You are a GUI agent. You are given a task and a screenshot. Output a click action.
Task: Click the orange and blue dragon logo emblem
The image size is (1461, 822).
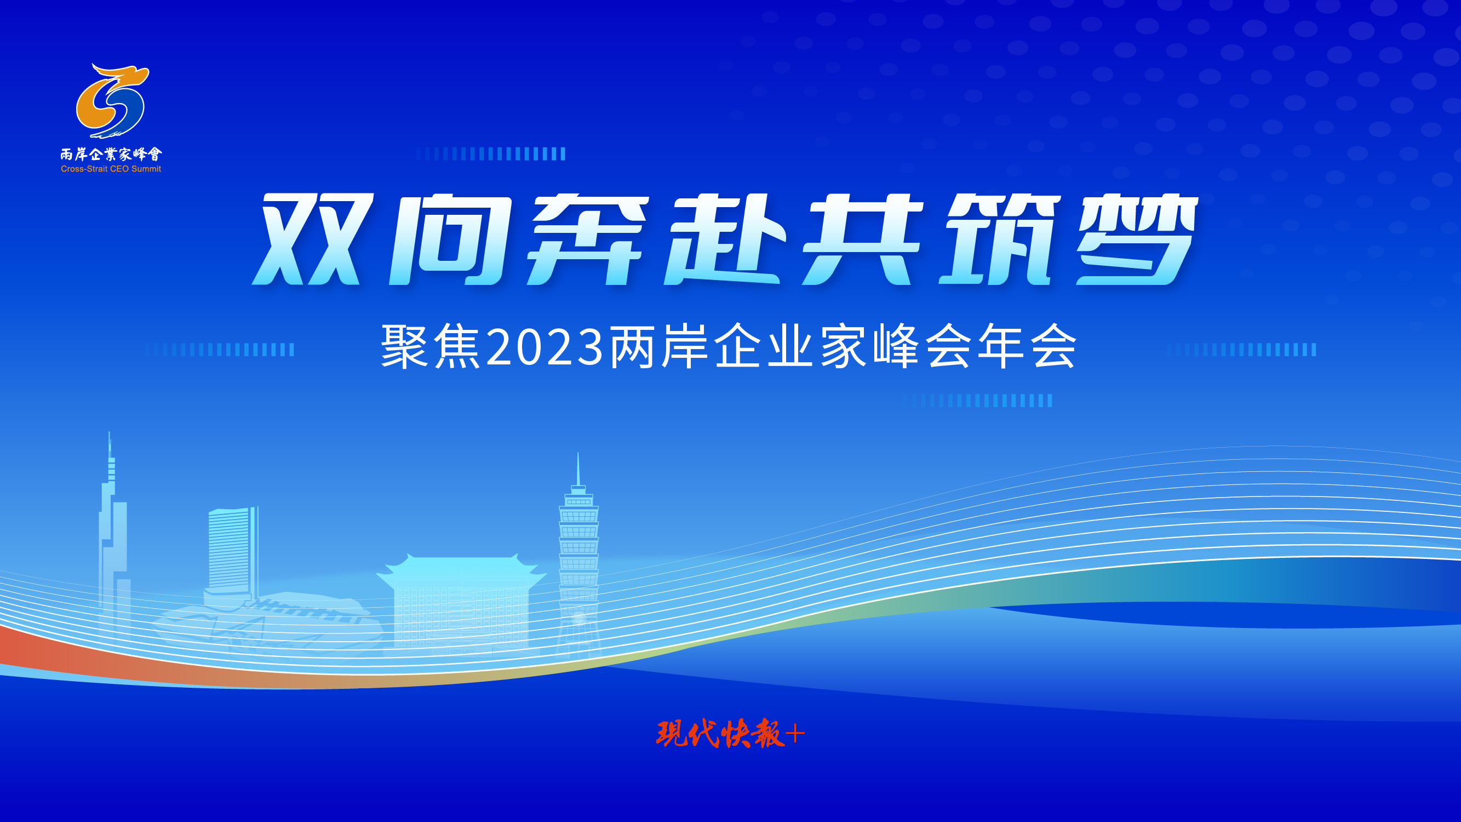click(112, 101)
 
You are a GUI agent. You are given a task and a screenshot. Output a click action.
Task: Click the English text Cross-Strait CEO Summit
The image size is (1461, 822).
click(111, 169)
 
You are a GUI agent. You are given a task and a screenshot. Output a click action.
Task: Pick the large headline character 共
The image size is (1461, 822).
click(863, 239)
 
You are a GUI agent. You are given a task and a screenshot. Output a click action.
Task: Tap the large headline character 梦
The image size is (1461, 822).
click(1137, 239)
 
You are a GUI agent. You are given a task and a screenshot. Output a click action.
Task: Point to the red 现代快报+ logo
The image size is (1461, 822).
click(730, 734)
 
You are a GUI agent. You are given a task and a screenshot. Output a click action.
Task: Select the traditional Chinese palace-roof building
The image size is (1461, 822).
click(461, 601)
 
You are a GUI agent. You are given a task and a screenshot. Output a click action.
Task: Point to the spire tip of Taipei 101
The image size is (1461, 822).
click(578, 453)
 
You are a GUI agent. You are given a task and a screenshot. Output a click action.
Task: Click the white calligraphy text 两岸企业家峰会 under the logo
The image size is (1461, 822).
click(111, 154)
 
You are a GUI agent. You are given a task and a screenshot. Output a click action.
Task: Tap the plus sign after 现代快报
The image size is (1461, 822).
click(795, 735)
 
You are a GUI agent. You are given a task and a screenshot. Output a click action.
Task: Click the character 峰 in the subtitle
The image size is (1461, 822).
click(896, 346)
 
